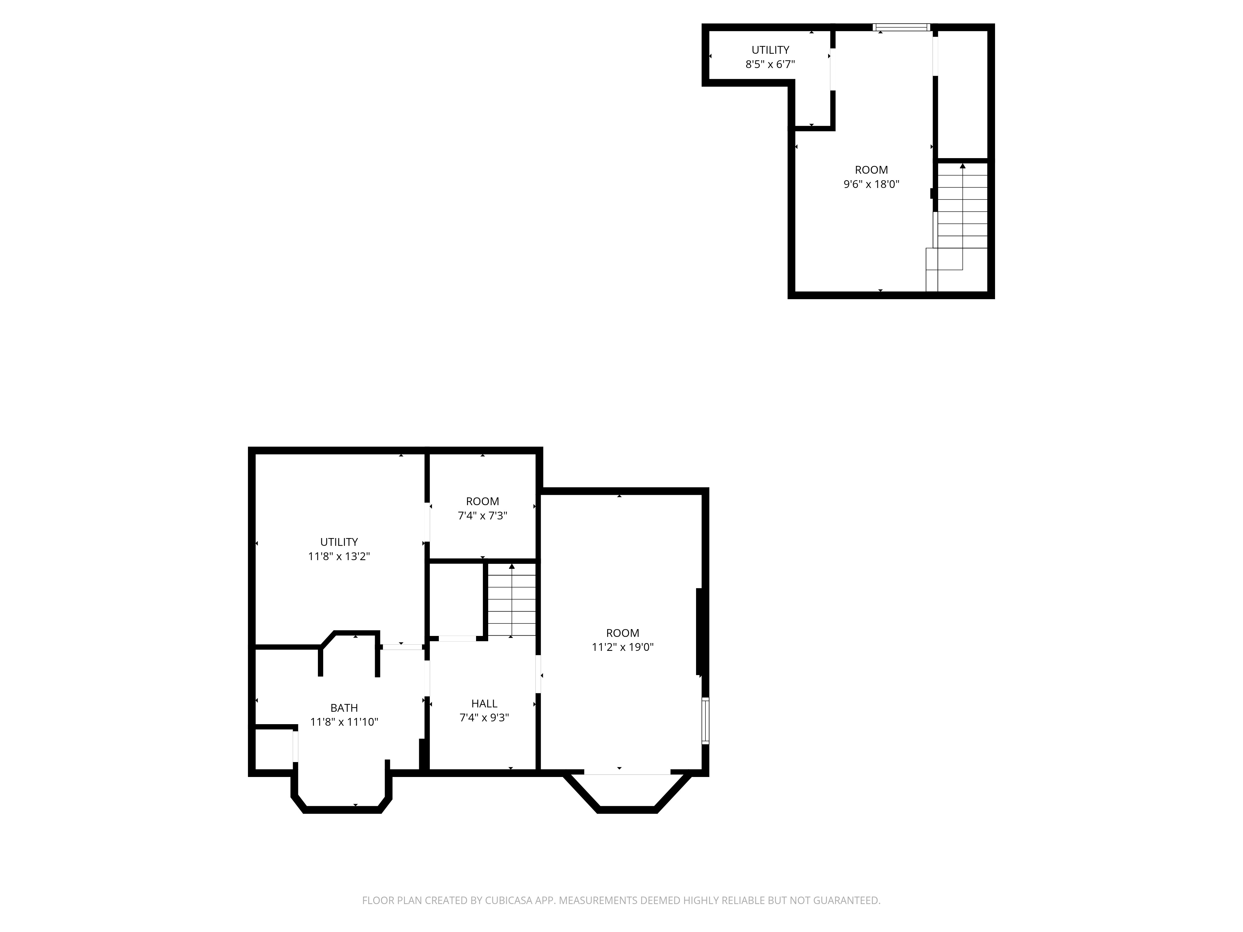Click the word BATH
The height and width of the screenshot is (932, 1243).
click(344, 708)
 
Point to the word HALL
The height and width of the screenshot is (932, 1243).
click(484, 703)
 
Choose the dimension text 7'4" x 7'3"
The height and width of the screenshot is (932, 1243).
click(482, 516)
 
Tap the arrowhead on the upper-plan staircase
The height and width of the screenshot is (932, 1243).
click(963, 166)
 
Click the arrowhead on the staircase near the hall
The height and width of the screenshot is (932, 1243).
click(511, 566)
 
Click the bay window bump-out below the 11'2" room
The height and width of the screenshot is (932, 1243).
click(626, 792)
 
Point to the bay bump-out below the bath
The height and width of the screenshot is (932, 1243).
click(342, 792)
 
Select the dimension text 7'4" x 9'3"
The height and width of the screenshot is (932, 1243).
click(484, 718)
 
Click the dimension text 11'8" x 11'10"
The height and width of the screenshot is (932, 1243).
click(344, 722)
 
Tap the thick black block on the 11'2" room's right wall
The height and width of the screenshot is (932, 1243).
click(699, 632)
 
